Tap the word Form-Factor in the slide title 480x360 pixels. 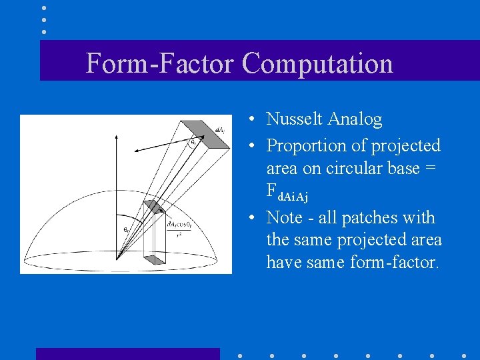tap(159, 64)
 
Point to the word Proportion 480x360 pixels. tap(305, 145)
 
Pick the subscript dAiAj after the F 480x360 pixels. tap(293, 196)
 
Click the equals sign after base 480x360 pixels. tap(430, 169)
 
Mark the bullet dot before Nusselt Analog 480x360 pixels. tap(247, 120)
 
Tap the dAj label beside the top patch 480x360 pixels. tap(219, 129)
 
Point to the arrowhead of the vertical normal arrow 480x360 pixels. tap(117, 136)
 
